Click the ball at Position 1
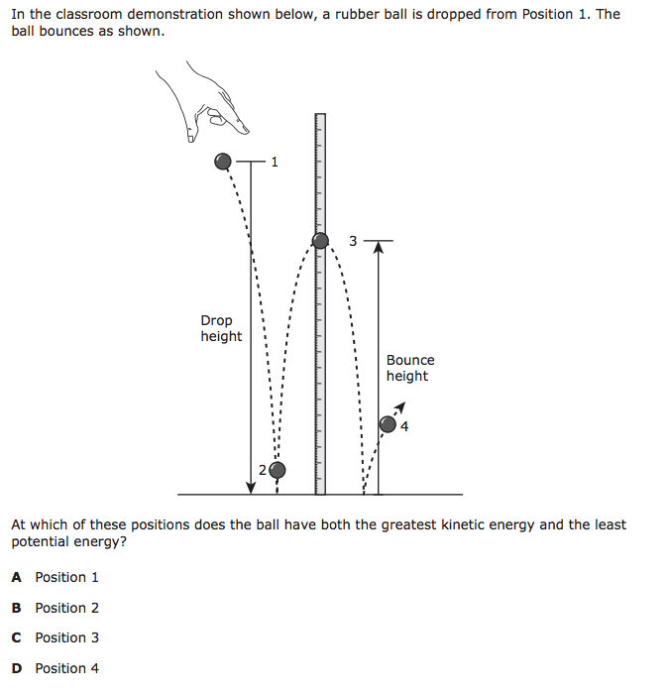point(224,162)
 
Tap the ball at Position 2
point(278,469)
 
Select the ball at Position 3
point(320,240)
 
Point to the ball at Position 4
point(389,424)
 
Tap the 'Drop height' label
point(220,328)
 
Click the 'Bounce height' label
point(409,368)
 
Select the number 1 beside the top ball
point(275,162)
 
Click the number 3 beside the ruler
point(353,241)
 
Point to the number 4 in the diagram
point(404,428)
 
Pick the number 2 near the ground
point(263,469)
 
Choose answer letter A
point(16,577)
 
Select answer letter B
point(16,608)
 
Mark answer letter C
point(16,637)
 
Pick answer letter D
point(16,668)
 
